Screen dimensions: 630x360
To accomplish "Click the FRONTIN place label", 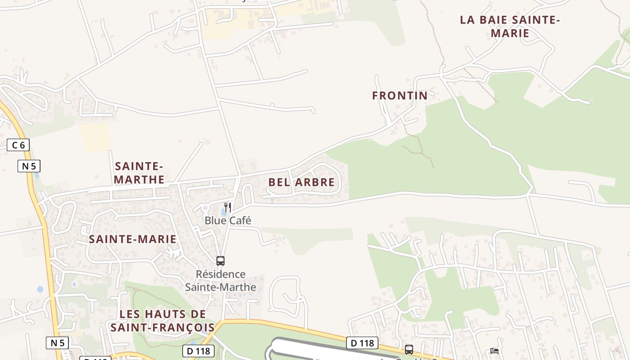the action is [400, 95].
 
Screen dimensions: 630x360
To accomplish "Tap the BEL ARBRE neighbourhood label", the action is [301, 182].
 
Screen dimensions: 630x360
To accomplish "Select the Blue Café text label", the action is [228, 220].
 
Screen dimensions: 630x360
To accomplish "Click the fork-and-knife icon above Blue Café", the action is [228, 207].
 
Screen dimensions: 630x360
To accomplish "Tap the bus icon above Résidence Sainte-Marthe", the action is [220, 261].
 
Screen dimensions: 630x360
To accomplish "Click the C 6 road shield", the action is [18, 145].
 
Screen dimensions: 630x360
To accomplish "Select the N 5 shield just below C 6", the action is [29, 166].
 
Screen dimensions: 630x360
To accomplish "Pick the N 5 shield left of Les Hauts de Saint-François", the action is [57, 343].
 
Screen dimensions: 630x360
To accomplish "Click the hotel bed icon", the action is [495, 351].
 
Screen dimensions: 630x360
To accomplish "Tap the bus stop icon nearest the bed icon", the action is [409, 349].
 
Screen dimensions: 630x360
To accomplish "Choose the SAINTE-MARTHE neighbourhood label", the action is [139, 173].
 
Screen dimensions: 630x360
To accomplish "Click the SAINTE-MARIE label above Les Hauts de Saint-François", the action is [133, 239].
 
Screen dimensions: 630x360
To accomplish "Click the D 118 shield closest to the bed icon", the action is [362, 343].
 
